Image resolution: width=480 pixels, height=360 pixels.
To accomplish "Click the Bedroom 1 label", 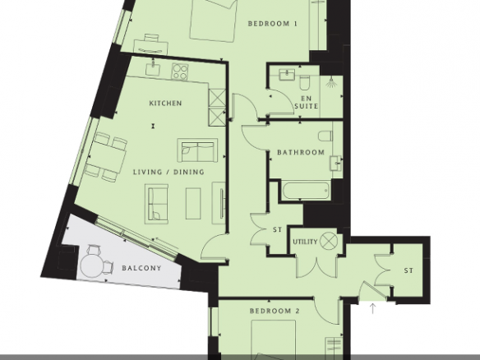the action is [x=272, y=24].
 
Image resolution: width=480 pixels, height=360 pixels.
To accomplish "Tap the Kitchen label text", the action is [x=165, y=104].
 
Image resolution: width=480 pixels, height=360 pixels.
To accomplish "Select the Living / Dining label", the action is [x=168, y=172].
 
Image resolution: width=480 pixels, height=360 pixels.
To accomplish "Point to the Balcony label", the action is [x=141, y=268].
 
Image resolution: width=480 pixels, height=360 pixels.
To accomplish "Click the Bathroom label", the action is [x=301, y=152].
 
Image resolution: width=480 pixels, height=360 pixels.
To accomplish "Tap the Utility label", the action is [x=305, y=242].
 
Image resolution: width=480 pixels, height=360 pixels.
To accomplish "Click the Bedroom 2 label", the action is [x=275, y=311].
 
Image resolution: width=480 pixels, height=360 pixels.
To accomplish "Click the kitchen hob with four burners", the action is [x=180, y=72].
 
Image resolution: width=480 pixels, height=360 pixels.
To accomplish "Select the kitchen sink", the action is [x=153, y=68].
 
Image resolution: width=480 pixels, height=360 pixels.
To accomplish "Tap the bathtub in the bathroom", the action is [x=307, y=191].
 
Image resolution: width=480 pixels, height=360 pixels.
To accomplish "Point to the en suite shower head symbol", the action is [x=330, y=82].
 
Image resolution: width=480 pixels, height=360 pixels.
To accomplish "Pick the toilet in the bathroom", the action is [x=325, y=136].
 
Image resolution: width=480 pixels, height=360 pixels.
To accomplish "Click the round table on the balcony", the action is [x=92, y=265].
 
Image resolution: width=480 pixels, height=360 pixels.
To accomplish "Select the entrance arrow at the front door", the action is [x=372, y=308].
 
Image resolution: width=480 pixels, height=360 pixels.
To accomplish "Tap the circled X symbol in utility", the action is [x=328, y=241].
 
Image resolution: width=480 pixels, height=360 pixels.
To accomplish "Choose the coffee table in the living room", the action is [x=193, y=203].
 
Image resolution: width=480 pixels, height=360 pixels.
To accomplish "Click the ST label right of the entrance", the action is [x=408, y=270].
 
